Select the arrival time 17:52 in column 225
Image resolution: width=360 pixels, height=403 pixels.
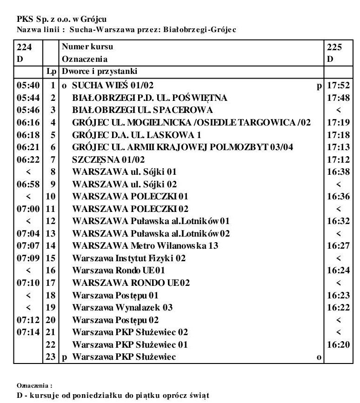pyautogui.click(x=338, y=86)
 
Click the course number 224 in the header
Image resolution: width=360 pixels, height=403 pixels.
pyautogui.click(x=23, y=47)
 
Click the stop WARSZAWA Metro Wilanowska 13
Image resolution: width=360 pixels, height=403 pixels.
pyautogui.click(x=145, y=245)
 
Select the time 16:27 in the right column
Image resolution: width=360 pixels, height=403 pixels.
pyautogui.click(x=338, y=245)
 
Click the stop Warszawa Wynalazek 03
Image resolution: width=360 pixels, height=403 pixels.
pyautogui.click(x=122, y=307)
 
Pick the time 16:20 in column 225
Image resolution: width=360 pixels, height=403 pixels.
pyautogui.click(x=338, y=344)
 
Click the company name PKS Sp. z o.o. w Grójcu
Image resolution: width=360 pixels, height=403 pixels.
pyautogui.click(x=61, y=20)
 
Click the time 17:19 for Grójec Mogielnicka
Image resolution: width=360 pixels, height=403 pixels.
pyautogui.click(x=338, y=122)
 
